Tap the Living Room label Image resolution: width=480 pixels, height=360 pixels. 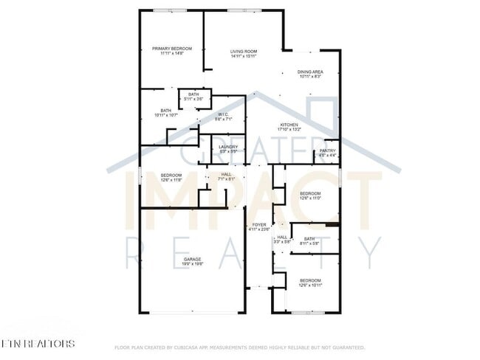[243, 51]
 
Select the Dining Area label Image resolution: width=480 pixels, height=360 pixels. [310, 72]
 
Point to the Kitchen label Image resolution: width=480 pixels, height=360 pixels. [289, 125]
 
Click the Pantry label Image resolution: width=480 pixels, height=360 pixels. [327, 150]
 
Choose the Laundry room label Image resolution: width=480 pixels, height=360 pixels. [228, 146]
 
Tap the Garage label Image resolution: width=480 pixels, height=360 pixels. [193, 259]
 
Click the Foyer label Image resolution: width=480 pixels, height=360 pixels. [259, 224]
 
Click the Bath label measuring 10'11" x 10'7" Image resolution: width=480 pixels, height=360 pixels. [166, 111]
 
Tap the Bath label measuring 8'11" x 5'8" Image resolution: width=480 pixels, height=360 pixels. [309, 238]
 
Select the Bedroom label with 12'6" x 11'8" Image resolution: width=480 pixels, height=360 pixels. [171, 175]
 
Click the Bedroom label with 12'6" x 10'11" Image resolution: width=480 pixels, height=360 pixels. [310, 280]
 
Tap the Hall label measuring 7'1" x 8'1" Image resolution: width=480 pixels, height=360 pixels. [226, 175]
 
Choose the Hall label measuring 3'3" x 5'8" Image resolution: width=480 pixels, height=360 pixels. [282, 238]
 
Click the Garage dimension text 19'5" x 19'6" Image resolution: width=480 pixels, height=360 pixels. [193, 263]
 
